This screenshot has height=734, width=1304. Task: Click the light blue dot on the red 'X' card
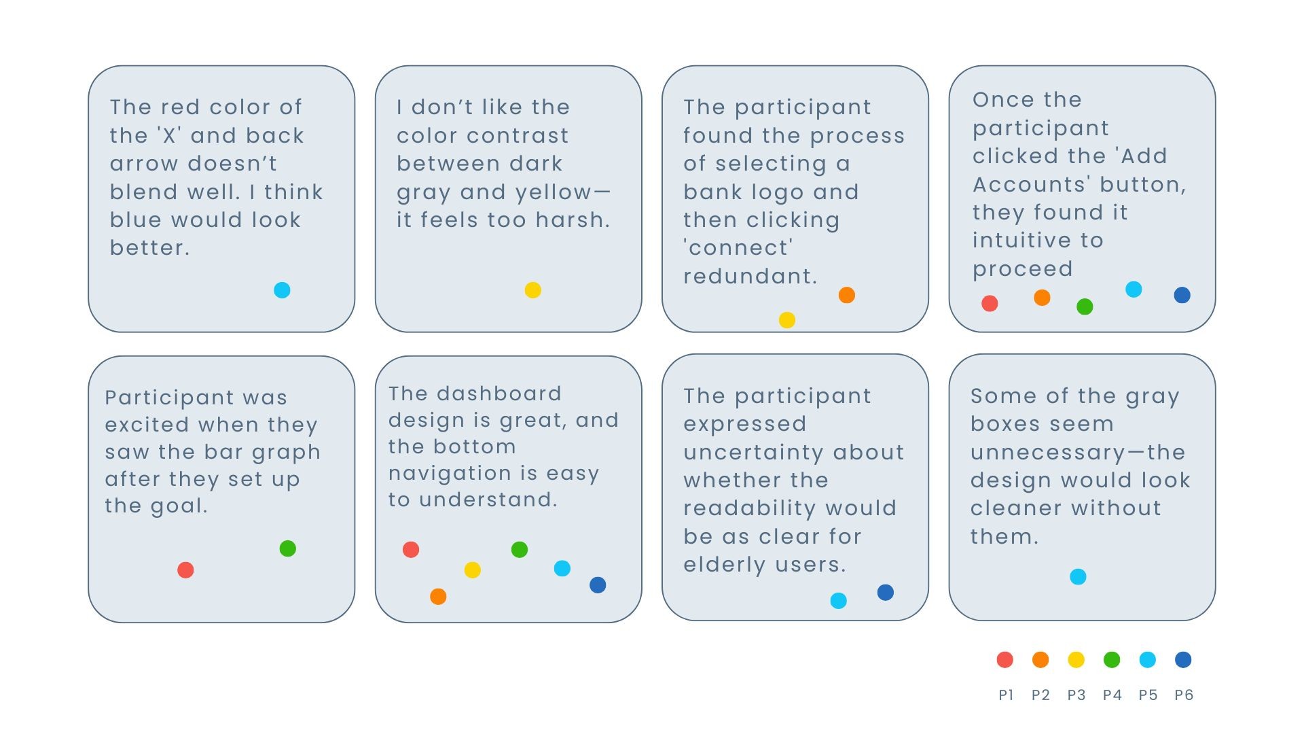click(x=282, y=290)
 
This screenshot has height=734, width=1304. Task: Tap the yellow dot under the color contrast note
click(x=533, y=290)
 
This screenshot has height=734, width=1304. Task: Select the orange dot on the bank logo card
click(x=847, y=295)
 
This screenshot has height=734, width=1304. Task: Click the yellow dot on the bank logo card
click(x=787, y=320)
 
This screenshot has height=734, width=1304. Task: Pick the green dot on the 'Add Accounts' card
click(x=1085, y=307)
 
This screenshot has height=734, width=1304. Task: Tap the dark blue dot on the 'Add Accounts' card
click(x=1182, y=295)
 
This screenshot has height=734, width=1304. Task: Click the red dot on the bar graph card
click(x=185, y=570)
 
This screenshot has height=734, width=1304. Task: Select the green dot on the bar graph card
click(x=288, y=548)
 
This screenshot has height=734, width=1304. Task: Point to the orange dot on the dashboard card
click(x=439, y=597)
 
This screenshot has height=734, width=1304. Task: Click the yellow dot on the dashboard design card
click(x=473, y=570)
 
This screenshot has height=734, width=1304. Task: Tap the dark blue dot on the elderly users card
click(x=886, y=592)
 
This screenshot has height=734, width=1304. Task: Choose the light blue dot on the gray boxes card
click(x=1079, y=577)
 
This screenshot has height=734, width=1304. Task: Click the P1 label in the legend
click(x=1006, y=695)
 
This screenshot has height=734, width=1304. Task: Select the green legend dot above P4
click(x=1112, y=659)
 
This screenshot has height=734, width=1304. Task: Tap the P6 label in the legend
click(x=1184, y=695)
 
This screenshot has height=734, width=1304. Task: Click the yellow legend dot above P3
click(x=1076, y=659)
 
